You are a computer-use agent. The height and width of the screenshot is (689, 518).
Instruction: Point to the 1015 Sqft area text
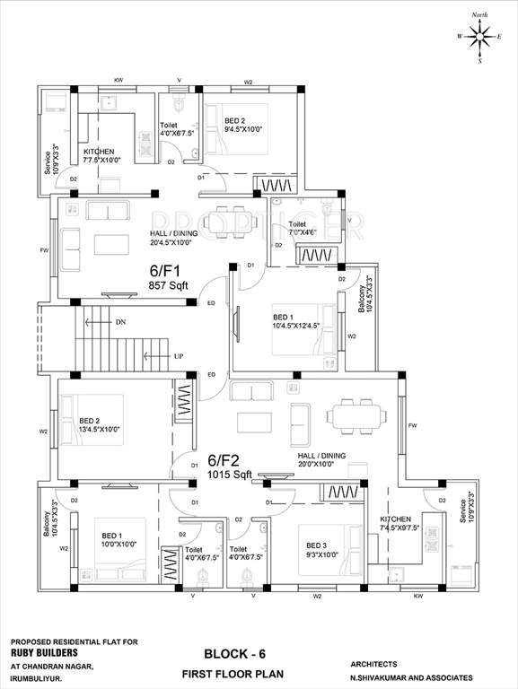(229, 473)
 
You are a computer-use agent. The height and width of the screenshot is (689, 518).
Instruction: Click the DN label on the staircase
(120, 322)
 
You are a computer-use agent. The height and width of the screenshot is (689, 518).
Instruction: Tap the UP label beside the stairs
(180, 356)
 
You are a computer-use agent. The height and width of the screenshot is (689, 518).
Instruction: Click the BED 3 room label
(317, 545)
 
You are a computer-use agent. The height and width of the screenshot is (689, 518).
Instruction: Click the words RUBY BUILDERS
(42, 654)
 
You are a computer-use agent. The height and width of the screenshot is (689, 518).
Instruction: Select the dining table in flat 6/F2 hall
(355, 415)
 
